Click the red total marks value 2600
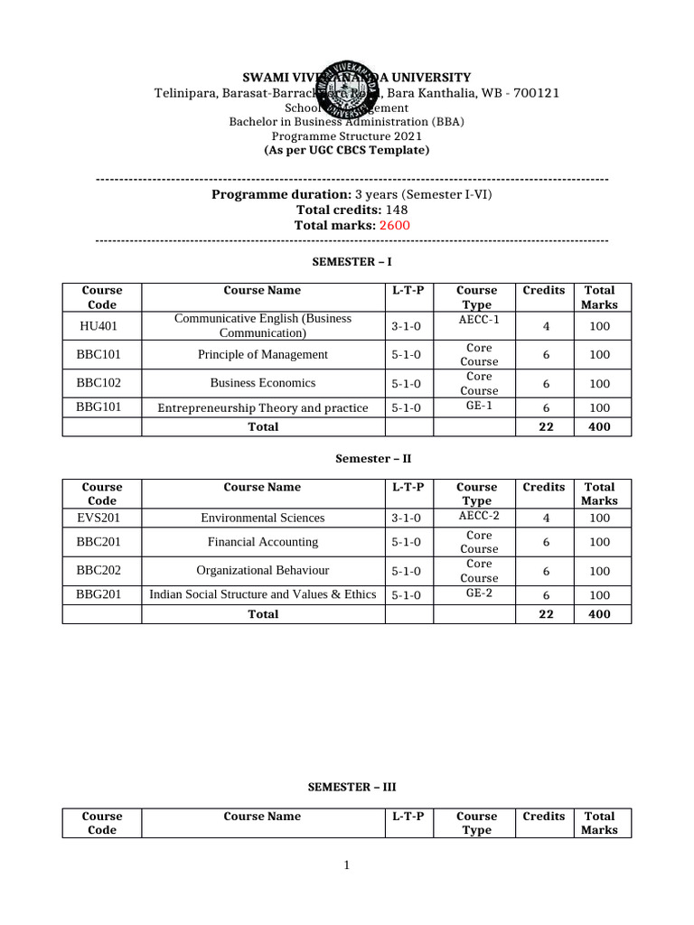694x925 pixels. point(395,225)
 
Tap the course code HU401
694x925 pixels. point(101,326)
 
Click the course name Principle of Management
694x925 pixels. point(263,355)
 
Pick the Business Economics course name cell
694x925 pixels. point(263,383)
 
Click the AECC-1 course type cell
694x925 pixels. point(476,319)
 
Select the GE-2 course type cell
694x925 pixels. point(477,593)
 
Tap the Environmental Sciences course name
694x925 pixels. point(263,519)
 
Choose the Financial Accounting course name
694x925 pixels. point(263,542)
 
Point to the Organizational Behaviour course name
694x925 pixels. point(263,571)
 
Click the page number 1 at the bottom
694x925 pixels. point(346,866)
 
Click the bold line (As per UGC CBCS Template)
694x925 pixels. point(346,150)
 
